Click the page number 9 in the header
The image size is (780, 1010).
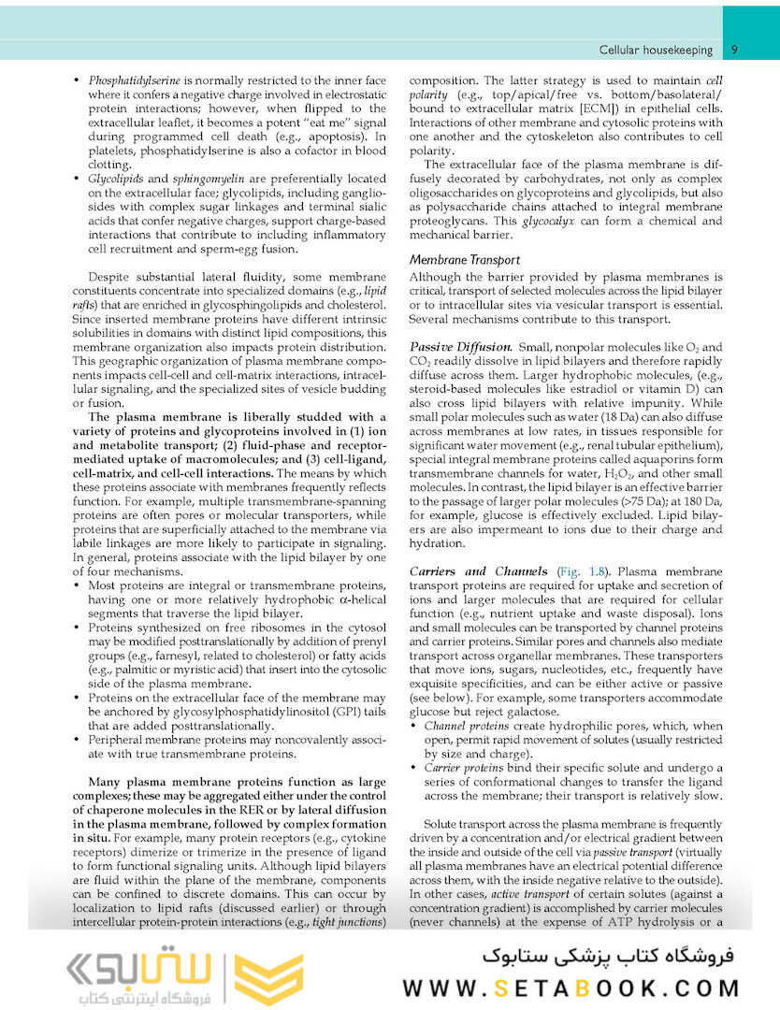[x=735, y=50]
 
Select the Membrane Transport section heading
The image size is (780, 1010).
[x=466, y=259]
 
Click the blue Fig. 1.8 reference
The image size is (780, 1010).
[x=583, y=570]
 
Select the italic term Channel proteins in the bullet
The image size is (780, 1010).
[x=467, y=726]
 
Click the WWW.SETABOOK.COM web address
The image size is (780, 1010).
[x=571, y=988]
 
